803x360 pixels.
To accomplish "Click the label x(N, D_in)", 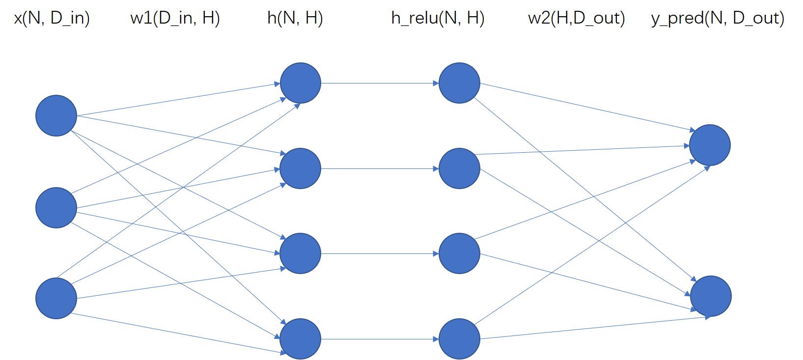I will click(52, 18).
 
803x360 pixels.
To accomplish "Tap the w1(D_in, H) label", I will click(175, 18).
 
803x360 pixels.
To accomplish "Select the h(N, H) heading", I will click(295, 18).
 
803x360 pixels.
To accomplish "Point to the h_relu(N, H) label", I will click(438, 18).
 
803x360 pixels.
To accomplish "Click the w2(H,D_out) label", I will click(577, 18).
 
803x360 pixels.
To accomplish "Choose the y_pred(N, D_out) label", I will click(718, 18).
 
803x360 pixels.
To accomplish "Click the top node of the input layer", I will click(56, 115).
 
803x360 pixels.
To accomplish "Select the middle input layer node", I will click(56, 208).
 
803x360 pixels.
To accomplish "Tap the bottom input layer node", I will click(56, 298).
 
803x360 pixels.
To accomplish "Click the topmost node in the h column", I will click(301, 83).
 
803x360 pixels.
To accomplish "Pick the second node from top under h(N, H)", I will click(301, 168).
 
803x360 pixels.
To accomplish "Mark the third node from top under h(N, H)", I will click(301, 253).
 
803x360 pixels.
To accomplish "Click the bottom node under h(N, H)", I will click(301, 339).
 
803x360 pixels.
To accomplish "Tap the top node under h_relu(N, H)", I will click(459, 83).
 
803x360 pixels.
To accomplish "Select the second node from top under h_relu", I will click(459, 168).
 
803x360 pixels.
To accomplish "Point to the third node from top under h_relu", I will click(459, 253).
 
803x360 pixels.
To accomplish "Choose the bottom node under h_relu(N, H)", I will click(459, 339).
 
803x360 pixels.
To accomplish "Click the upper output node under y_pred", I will click(710, 145).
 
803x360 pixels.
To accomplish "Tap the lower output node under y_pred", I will click(711, 296).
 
